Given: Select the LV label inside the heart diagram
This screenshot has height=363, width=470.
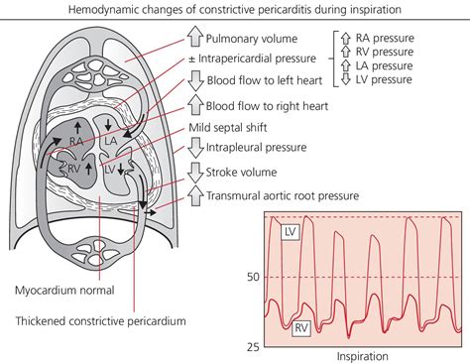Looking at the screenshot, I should [112, 171].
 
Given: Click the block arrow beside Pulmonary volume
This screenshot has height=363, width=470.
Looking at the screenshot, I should [194, 40].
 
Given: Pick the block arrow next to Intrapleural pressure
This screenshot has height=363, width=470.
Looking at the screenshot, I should [194, 151].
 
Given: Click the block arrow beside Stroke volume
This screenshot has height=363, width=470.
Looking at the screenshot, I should [194, 175].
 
